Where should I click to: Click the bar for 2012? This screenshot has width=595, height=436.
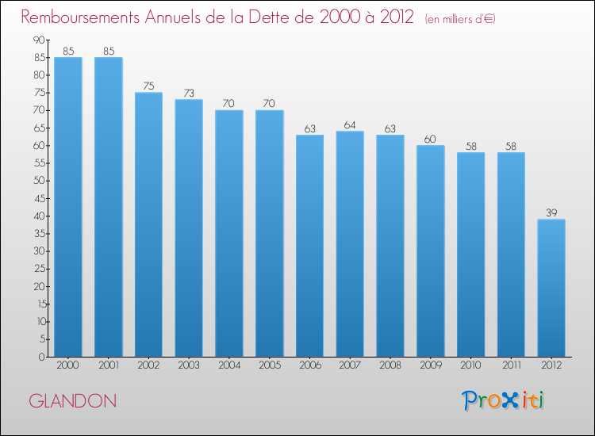(x=551, y=288)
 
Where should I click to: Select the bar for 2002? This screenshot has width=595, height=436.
(x=149, y=224)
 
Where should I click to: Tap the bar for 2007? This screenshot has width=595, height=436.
(x=350, y=244)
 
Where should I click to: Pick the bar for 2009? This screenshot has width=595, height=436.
(x=430, y=251)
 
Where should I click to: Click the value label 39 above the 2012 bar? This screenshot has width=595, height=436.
(x=551, y=212)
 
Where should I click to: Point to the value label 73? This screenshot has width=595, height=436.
(x=189, y=93)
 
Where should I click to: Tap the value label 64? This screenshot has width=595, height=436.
(x=350, y=124)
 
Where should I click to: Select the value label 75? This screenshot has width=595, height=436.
(x=149, y=86)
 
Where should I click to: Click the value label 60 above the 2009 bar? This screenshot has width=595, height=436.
(x=430, y=140)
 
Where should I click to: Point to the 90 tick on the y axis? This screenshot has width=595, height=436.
(x=39, y=40)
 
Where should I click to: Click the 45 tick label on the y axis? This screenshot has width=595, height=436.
(x=40, y=198)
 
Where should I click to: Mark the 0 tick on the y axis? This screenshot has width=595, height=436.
(x=42, y=357)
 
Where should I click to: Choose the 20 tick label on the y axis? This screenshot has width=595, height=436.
(x=40, y=286)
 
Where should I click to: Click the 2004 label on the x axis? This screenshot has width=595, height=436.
(x=229, y=365)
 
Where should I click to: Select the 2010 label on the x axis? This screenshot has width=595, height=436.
(x=470, y=365)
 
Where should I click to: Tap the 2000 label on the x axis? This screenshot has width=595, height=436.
(x=68, y=365)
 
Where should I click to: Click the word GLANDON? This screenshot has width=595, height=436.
(x=72, y=401)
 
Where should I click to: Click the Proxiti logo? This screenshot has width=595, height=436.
(x=503, y=401)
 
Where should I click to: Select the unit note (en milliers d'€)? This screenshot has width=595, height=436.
(x=460, y=19)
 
